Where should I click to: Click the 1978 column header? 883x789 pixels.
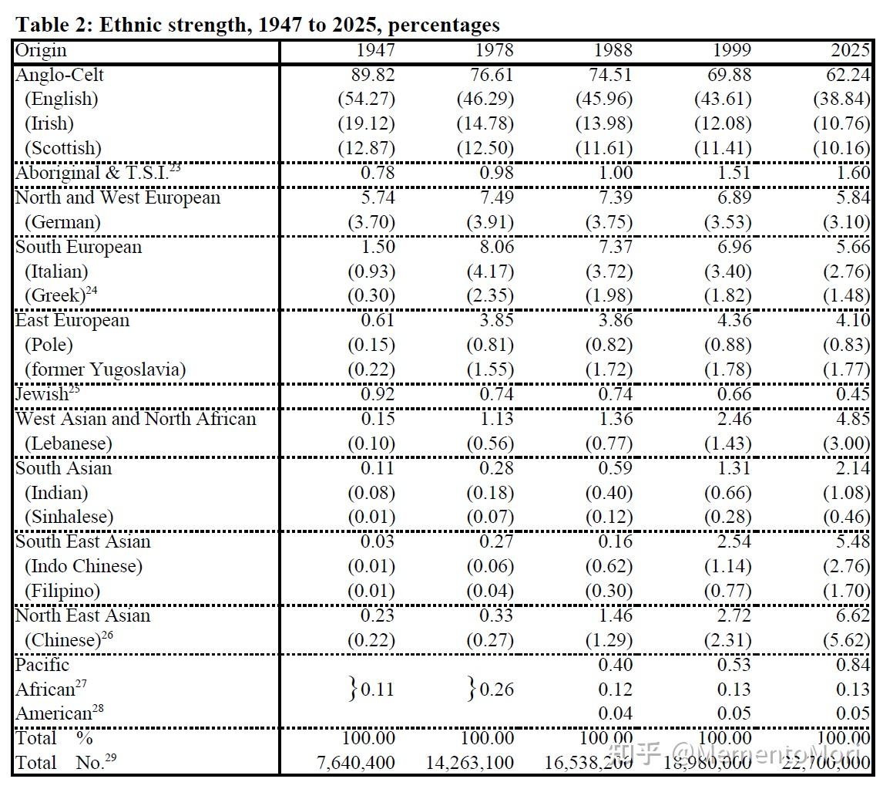coord(495,50)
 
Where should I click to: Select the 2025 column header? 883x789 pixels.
coord(851,50)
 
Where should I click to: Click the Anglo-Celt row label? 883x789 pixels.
coord(59,75)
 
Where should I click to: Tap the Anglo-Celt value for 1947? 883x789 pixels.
coord(373,75)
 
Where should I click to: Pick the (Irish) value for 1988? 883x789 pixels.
coord(603,123)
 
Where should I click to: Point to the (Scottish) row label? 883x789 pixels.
coord(63,148)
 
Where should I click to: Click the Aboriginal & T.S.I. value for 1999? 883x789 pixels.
coord(734,173)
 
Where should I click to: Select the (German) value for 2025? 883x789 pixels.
coord(846,222)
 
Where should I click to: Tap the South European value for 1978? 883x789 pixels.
coord(497,247)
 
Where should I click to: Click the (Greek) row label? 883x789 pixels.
coord(61,295)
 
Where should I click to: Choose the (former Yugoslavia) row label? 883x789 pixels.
coord(106,369)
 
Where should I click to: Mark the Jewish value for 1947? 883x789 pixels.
coord(378,394)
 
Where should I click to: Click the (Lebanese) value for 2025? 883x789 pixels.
coord(846,443)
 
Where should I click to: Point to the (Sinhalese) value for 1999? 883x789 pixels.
coord(727,517)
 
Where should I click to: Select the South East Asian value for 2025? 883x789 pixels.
coord(853,541)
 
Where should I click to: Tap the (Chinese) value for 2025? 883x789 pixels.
coord(846,640)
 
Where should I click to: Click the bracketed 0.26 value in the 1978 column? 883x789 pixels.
coord(491,690)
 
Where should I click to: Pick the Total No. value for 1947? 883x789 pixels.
coord(356,763)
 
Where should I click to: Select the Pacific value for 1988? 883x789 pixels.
coord(616,665)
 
